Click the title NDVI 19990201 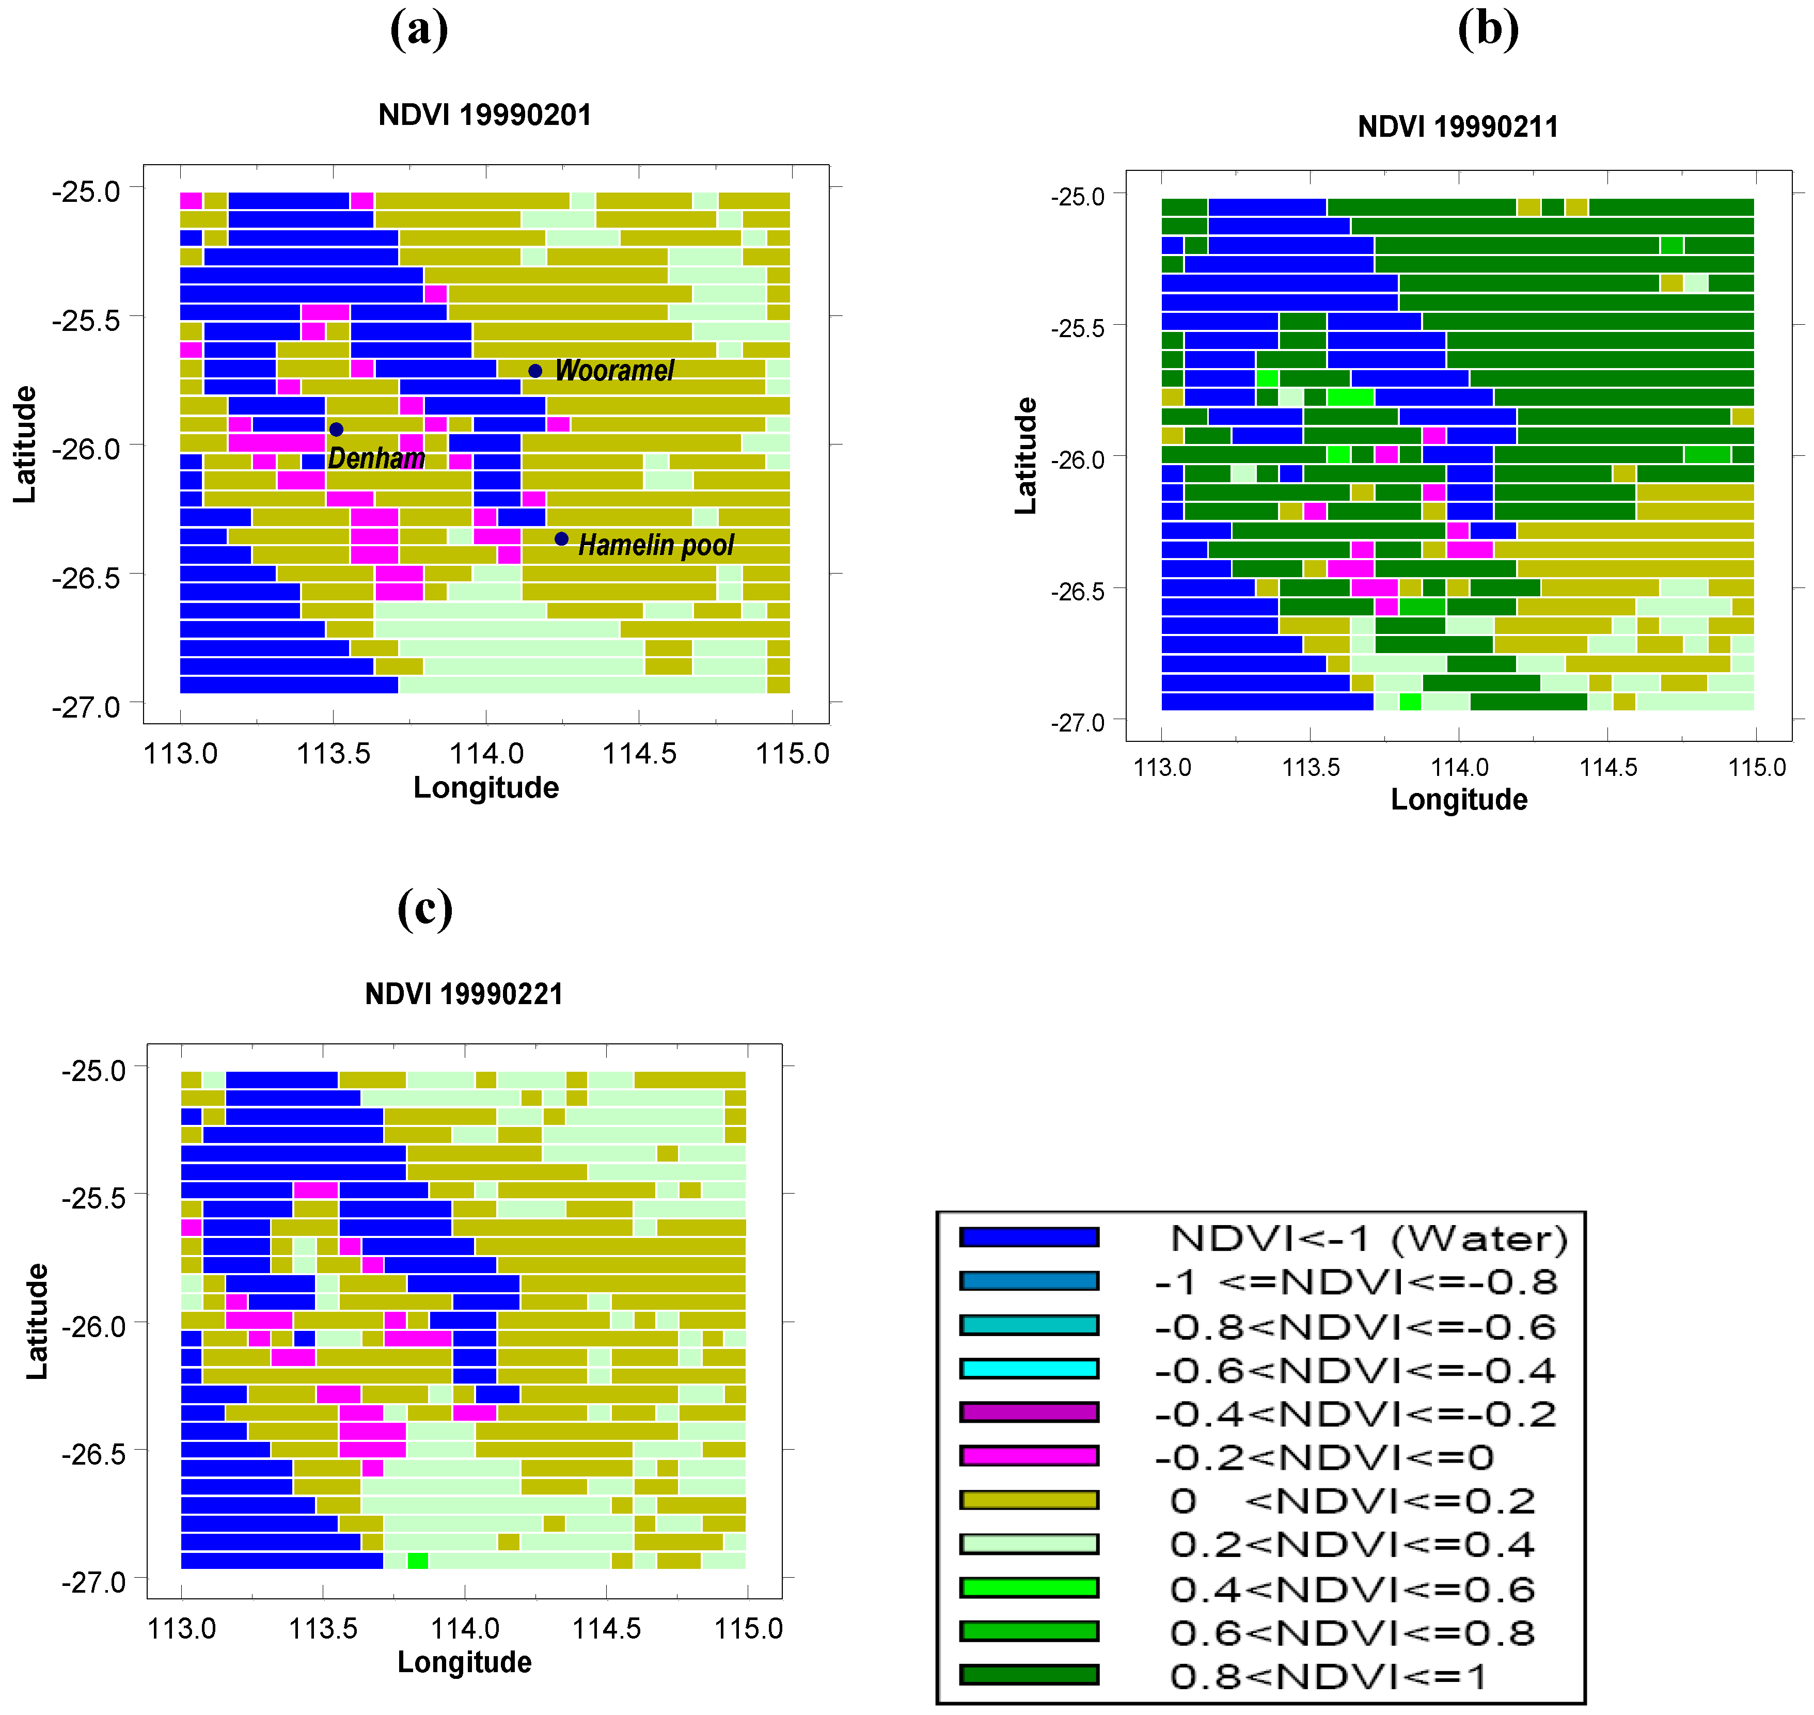pos(484,115)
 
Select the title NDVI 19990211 pos(1457,127)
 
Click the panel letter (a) pos(419,29)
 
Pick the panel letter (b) pos(1488,29)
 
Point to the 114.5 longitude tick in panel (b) pos(1607,767)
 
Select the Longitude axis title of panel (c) pos(464,1661)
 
